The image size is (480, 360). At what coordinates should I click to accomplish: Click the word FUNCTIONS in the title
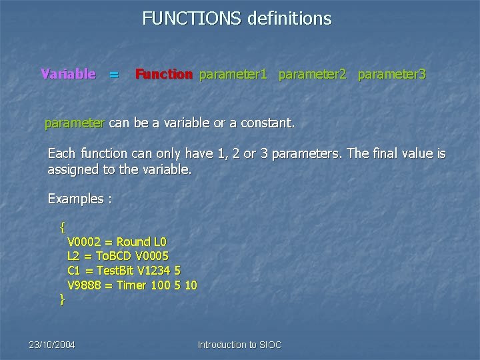pyautogui.click(x=183, y=19)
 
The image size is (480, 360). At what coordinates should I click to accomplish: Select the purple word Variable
pyautogui.click(x=68, y=74)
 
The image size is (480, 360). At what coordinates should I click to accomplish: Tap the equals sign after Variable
pyautogui.click(x=114, y=75)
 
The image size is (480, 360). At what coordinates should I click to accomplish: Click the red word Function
pyautogui.click(x=164, y=74)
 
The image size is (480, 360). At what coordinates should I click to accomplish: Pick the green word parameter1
pyautogui.click(x=233, y=74)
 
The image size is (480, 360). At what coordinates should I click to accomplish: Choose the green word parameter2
pyautogui.click(x=312, y=74)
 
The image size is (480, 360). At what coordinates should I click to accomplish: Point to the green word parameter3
pyautogui.click(x=391, y=74)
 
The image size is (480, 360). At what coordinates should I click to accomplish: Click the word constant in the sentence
pyautogui.click(x=266, y=123)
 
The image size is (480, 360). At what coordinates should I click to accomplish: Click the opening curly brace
pyautogui.click(x=62, y=227)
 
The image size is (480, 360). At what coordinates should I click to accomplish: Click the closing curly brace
pyautogui.click(x=62, y=300)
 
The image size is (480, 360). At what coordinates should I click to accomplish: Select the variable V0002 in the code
pyautogui.click(x=85, y=241)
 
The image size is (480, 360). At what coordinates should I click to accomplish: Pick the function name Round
pyautogui.click(x=133, y=241)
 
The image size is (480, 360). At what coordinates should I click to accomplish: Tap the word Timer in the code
pyautogui.click(x=132, y=285)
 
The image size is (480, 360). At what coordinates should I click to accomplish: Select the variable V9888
pyautogui.click(x=85, y=285)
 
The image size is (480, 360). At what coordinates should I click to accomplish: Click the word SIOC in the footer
pyautogui.click(x=269, y=345)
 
